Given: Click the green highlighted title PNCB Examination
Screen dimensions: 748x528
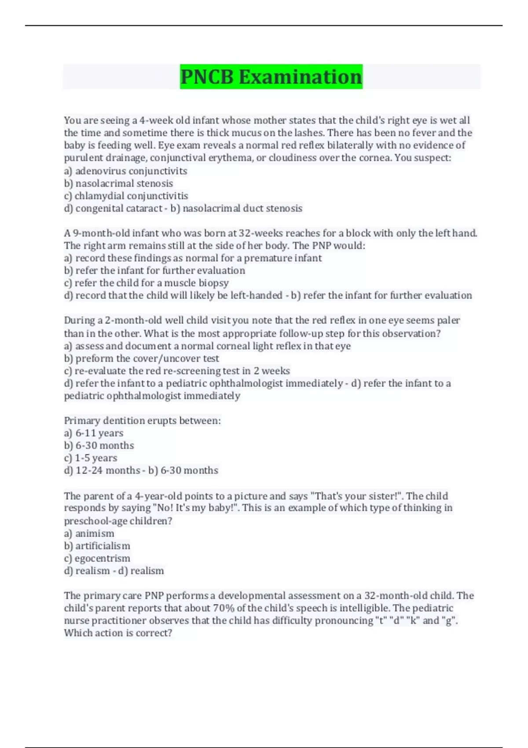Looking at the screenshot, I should coord(271,77).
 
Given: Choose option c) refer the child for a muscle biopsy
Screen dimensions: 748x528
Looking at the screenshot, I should coord(147,283).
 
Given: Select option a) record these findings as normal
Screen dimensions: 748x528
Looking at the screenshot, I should coord(193,258).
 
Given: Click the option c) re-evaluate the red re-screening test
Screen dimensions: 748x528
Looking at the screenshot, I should coord(177,371).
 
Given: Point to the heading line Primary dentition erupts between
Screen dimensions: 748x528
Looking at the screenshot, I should coord(142,421).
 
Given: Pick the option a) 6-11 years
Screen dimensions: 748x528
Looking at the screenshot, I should coord(94,433).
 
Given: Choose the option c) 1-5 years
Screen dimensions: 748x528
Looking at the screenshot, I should coord(91,458).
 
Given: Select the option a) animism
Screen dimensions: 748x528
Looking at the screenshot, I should coord(89,533).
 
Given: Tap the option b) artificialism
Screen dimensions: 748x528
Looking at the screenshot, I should coord(97,546).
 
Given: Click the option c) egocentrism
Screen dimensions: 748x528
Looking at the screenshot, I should coord(97,558).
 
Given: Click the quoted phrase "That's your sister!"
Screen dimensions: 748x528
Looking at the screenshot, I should coord(357,496).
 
